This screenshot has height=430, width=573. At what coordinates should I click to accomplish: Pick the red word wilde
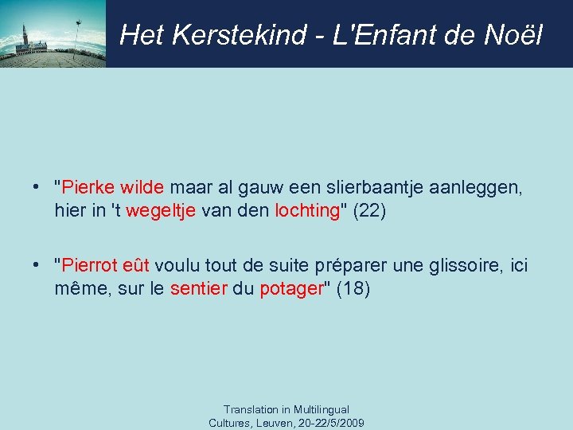(141, 188)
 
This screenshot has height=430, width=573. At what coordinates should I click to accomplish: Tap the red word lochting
(307, 210)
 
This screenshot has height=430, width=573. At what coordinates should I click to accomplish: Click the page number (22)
(368, 210)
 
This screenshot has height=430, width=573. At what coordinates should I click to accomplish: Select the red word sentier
(197, 288)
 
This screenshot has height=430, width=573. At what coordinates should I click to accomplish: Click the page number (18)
(353, 288)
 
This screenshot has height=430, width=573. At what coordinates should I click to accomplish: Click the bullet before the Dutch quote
(37, 188)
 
